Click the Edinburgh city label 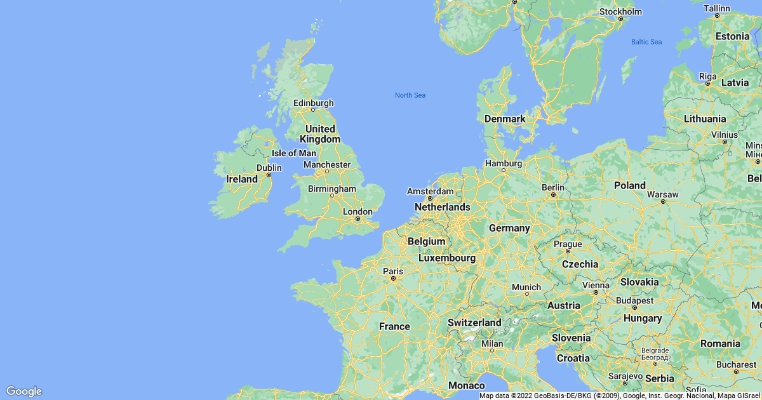pyautogui.click(x=313, y=103)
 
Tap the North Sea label pyautogui.click(x=410, y=95)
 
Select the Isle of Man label pyautogui.click(x=293, y=153)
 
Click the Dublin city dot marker pyautogui.click(x=269, y=175)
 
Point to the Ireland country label pyautogui.click(x=242, y=179)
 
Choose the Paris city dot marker pyautogui.click(x=394, y=278)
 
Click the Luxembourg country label pyautogui.click(x=447, y=258)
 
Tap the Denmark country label pyautogui.click(x=505, y=119)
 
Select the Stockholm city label pyautogui.click(x=620, y=11)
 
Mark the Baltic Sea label pyautogui.click(x=646, y=42)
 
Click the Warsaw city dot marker pyautogui.click(x=663, y=201)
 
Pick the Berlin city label pyautogui.click(x=553, y=187)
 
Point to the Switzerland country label pyautogui.click(x=474, y=323)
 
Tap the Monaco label pyautogui.click(x=467, y=385)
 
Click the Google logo pyautogui.click(x=23, y=391)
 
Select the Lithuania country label pyautogui.click(x=705, y=119)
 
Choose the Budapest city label pyautogui.click(x=634, y=300)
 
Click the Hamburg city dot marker pyautogui.click(x=504, y=170)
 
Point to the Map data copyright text pyautogui.click(x=619, y=396)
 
